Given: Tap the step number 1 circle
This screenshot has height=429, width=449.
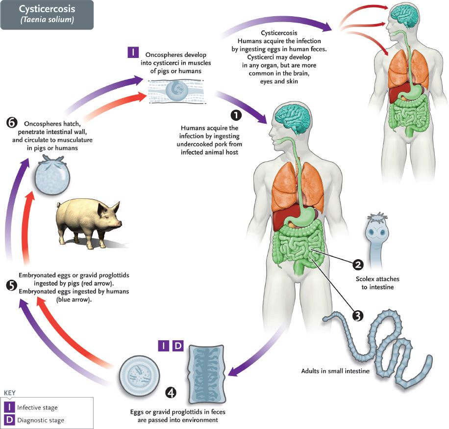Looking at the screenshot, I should tap(236, 115).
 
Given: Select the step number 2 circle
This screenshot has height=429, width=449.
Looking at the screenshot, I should tap(358, 265).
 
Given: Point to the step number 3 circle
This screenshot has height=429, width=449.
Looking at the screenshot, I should tap(358, 316).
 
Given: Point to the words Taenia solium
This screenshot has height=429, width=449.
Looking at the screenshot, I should tap(47, 20).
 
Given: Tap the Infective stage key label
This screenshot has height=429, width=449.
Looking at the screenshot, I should tap(37, 407).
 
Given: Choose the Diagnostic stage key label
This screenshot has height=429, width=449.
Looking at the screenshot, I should tap(41, 420).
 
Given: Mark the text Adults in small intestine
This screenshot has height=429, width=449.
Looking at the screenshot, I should tap(335, 371).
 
